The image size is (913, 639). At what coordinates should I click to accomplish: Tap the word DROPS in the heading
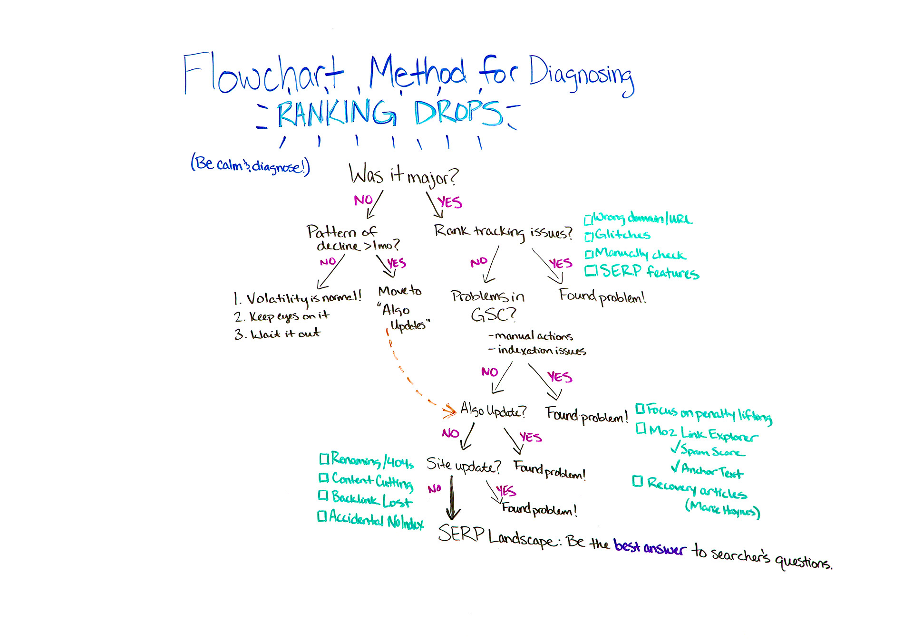coord(457,113)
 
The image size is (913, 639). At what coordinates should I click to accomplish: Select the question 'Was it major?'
coord(403,175)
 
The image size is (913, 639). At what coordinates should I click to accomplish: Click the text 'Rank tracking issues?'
coord(503,232)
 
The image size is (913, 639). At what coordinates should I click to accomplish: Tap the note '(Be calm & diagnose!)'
coord(250,165)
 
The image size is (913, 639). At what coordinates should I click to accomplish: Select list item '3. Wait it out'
coord(277,334)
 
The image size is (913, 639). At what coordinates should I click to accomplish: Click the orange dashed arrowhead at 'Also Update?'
coord(449,410)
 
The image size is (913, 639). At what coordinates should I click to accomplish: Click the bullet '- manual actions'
coord(531,336)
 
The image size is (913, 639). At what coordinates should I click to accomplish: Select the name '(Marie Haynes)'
coord(722,510)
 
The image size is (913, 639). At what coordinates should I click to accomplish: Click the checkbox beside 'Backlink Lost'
coord(323,496)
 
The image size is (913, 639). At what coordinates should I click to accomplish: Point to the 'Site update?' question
coord(463,465)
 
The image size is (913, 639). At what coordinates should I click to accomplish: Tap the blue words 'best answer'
coord(650,547)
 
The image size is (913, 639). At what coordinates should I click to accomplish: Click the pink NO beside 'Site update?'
coord(434,488)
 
